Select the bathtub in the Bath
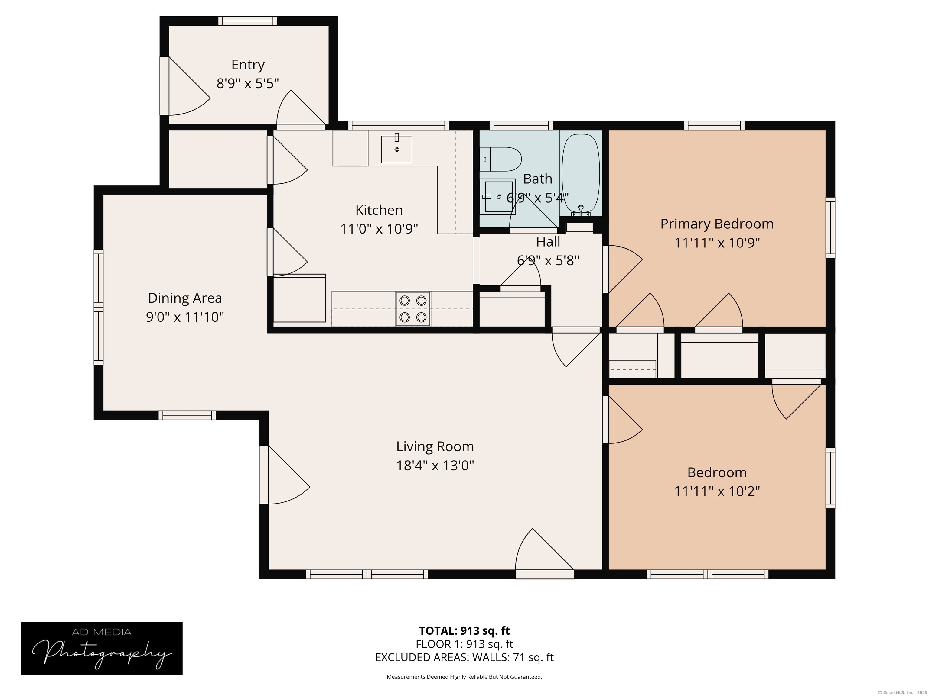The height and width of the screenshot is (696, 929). point(581,174)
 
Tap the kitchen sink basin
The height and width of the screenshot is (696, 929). point(396,149)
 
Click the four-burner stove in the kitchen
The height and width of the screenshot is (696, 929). point(413,309)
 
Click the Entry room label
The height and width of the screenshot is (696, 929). point(248,65)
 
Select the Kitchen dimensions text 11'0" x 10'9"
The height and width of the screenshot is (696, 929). point(379,229)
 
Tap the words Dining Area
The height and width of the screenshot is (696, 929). point(185,298)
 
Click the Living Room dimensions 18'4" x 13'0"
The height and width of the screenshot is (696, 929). point(435,465)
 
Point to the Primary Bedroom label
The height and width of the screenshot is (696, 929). point(717,224)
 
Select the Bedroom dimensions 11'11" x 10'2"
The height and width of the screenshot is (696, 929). point(717,491)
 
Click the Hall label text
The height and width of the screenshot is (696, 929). point(548,242)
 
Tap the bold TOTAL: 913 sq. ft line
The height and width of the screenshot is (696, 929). point(464,630)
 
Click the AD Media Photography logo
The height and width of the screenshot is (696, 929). point(102,648)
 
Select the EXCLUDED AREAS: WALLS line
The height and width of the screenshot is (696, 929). point(464,657)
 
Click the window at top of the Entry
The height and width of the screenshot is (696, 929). point(248,21)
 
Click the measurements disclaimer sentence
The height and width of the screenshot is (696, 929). point(464,677)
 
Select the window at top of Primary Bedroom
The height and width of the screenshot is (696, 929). point(714,125)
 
